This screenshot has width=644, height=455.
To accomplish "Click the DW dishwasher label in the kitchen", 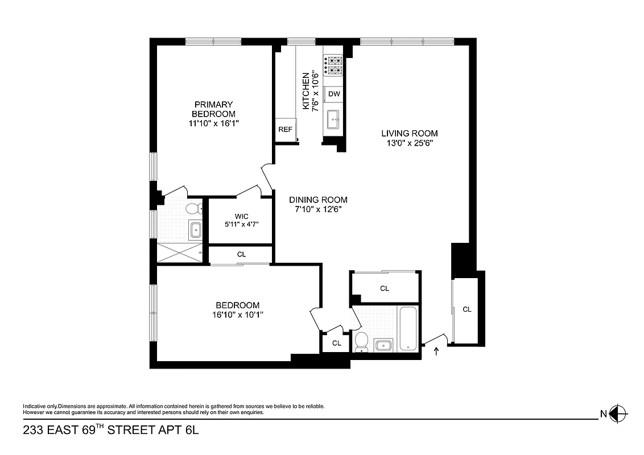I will click(334, 94).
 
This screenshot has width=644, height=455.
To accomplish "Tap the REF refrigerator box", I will click(285, 130).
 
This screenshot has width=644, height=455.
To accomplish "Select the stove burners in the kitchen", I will click(334, 65).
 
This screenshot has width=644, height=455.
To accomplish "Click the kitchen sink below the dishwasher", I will click(333, 119).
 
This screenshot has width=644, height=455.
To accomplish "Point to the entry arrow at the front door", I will click(437, 351).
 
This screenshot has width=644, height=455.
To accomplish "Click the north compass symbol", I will click(618, 413).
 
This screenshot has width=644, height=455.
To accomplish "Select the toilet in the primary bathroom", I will click(193, 209).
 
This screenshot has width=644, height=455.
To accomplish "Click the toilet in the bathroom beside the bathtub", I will click(361, 341).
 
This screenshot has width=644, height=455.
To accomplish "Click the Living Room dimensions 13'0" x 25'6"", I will click(409, 143).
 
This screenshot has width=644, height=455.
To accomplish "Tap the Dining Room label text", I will click(318, 200).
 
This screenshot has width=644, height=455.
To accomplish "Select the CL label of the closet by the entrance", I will click(467, 309).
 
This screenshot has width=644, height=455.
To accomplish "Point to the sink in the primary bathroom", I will click(195, 230).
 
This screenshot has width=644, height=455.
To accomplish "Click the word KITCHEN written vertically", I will click(306, 91).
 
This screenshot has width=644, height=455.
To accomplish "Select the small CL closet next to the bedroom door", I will click(336, 343).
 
